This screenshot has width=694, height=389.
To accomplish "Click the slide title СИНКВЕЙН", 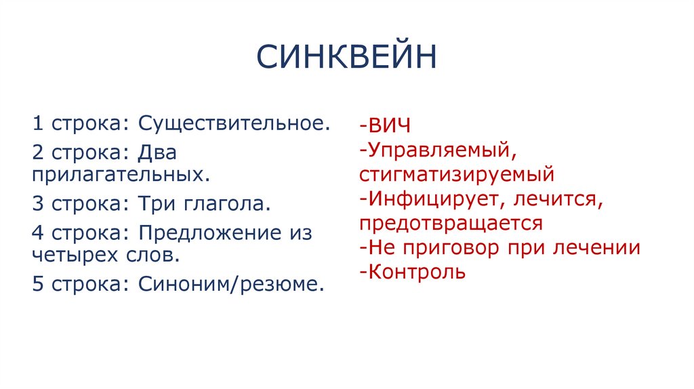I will [346, 57].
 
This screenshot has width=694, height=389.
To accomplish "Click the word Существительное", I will [234, 124].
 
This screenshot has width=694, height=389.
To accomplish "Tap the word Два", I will [157, 152].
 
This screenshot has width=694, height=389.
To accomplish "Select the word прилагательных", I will [119, 174].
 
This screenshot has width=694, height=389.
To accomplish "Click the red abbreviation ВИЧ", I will [390, 126].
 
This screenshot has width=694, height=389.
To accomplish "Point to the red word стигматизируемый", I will [457, 174].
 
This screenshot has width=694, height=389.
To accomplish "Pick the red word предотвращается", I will [451, 224].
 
